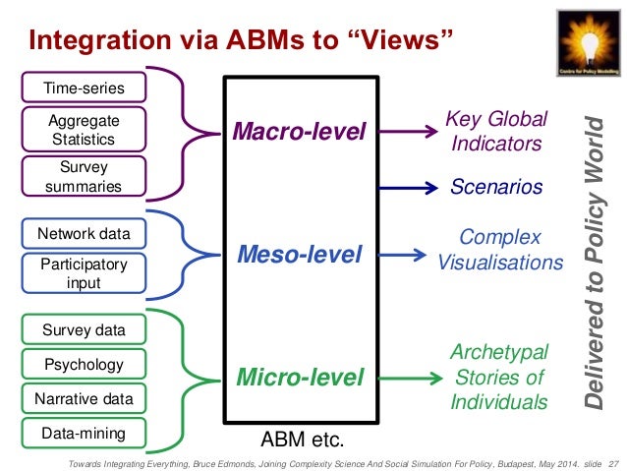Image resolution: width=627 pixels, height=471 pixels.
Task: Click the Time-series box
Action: pyautogui.click(x=84, y=88)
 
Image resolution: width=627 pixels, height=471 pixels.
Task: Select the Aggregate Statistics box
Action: pyautogui.click(x=84, y=129)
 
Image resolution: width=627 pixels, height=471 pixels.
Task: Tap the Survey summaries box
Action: pyautogui.click(x=84, y=177)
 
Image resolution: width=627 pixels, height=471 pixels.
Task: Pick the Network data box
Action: pyautogui.click(x=84, y=234)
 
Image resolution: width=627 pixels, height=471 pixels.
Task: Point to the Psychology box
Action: pyautogui.click(x=84, y=365)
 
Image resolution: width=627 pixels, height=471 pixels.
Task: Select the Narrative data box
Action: pyautogui.click(x=84, y=399)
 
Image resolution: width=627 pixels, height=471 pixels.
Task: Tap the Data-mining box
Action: pyautogui.click(x=84, y=433)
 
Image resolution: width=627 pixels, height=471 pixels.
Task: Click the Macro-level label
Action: pyautogui.click(x=298, y=131)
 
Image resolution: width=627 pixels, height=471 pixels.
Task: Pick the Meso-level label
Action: pyautogui.click(x=299, y=256)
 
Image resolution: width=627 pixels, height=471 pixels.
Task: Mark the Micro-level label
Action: pyautogui.click(x=298, y=377)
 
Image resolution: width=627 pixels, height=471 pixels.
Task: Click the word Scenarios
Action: pyautogui.click(x=496, y=187)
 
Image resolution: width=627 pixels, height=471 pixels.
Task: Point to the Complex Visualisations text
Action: pyautogui.click(x=499, y=250)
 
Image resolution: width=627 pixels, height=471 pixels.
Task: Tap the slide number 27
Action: pyautogui.click(x=615, y=461)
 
